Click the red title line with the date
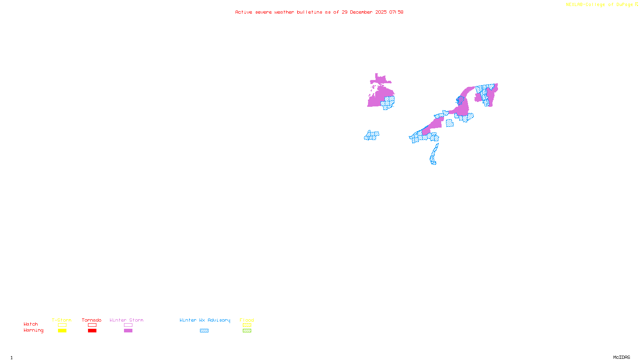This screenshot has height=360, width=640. click(x=319, y=12)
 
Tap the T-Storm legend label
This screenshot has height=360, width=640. click(x=62, y=320)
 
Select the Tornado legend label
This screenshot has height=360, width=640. click(x=92, y=320)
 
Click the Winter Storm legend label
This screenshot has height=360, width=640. click(x=126, y=320)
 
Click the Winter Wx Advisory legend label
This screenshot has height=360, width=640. click(x=205, y=320)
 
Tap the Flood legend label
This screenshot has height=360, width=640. click(x=247, y=320)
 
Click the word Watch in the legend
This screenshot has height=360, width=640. click(x=31, y=324)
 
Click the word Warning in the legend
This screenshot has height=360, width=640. click(x=34, y=330)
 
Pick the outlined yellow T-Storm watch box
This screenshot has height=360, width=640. click(x=62, y=325)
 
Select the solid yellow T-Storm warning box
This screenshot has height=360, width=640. click(x=62, y=331)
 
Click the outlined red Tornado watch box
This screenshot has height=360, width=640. click(x=92, y=325)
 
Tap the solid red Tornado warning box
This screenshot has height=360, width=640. click(x=92, y=331)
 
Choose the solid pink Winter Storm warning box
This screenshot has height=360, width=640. click(x=128, y=331)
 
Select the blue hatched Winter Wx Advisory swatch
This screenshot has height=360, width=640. click(x=204, y=331)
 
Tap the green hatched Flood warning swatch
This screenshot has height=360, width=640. click(x=247, y=331)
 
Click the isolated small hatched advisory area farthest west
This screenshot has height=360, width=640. click(x=372, y=136)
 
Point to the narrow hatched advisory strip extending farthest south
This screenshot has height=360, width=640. click(x=434, y=155)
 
